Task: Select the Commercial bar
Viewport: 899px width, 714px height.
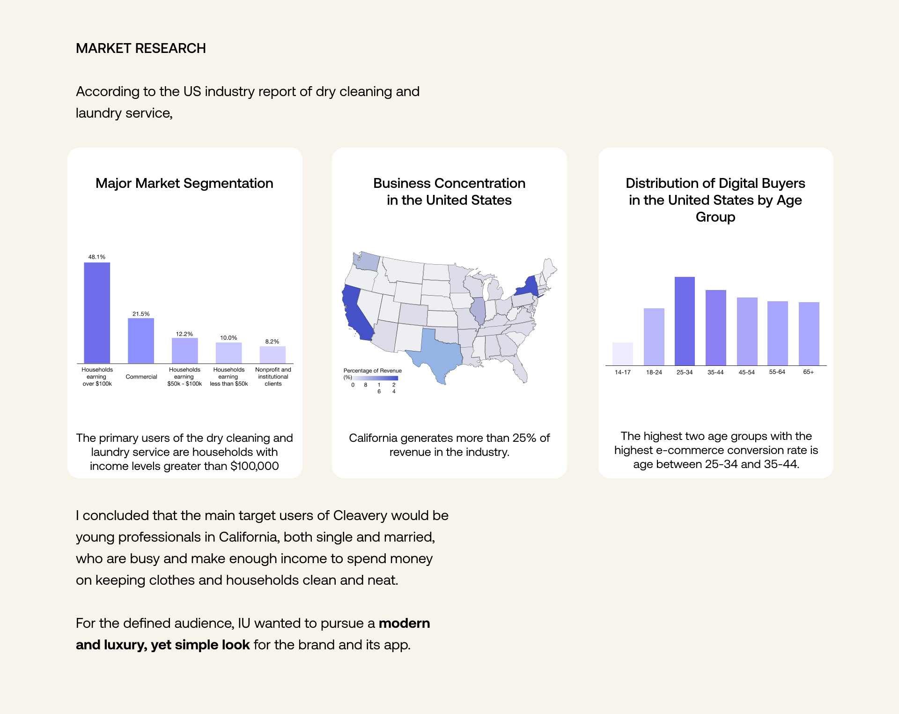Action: coord(141,341)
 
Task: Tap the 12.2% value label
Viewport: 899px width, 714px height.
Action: coord(184,334)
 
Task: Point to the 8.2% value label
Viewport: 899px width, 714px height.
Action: coord(272,342)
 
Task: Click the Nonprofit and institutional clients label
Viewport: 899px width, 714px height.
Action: coord(273,377)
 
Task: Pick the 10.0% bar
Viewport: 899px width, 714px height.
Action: coord(228,353)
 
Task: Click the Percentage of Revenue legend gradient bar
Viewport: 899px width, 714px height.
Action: coord(375,378)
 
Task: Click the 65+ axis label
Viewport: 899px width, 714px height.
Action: coord(808,372)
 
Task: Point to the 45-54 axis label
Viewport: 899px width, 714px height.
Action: coord(746,372)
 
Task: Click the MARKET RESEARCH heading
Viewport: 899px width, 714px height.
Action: coord(141,48)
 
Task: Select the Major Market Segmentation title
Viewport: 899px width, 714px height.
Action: coord(184,183)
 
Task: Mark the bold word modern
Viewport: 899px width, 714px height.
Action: coord(404,623)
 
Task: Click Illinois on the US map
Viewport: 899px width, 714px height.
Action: coord(478,310)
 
